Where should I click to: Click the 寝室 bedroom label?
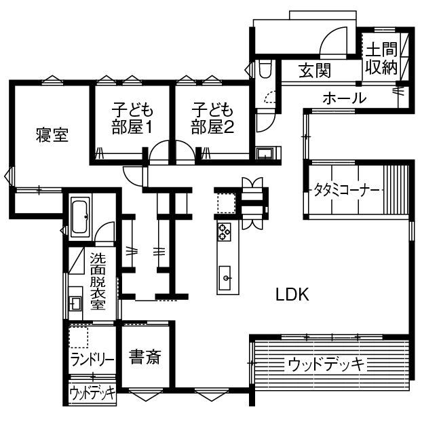pyautogui.click(x=52, y=135)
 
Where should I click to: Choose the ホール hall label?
pyautogui.click(x=344, y=98)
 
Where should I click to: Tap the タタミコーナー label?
pyautogui.click(x=345, y=189)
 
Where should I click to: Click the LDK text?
pyautogui.click(x=292, y=294)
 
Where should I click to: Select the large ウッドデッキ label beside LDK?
pyautogui.click(x=326, y=364)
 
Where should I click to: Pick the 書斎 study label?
pyautogui.click(x=145, y=358)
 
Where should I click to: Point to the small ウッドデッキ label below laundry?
pyautogui.click(x=92, y=394)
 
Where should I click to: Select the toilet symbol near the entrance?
pyautogui.click(x=265, y=69)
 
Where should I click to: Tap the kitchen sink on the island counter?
pyautogui.click(x=225, y=277)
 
